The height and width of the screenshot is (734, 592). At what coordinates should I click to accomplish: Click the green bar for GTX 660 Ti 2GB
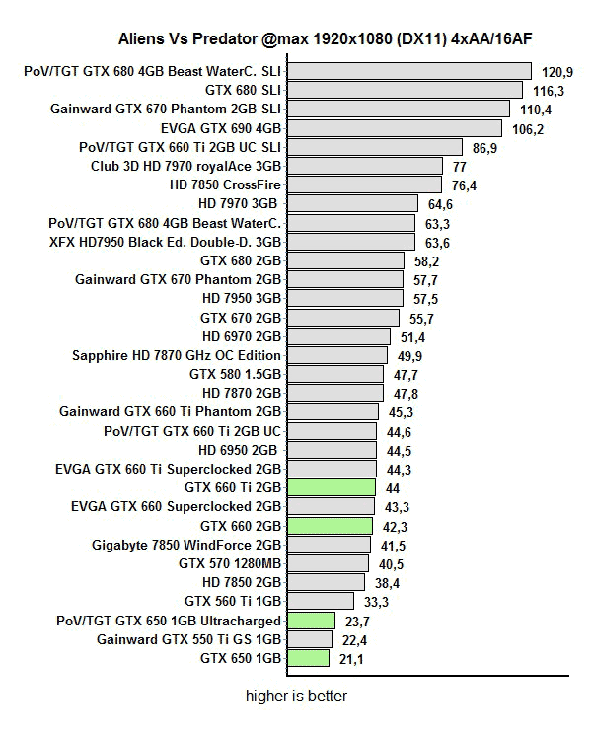(332, 487)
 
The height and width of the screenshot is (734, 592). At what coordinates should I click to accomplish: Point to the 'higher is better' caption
(297, 697)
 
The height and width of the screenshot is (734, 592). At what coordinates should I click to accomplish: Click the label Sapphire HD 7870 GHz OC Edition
(177, 355)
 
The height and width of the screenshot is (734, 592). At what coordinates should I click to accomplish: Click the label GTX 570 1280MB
(230, 562)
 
